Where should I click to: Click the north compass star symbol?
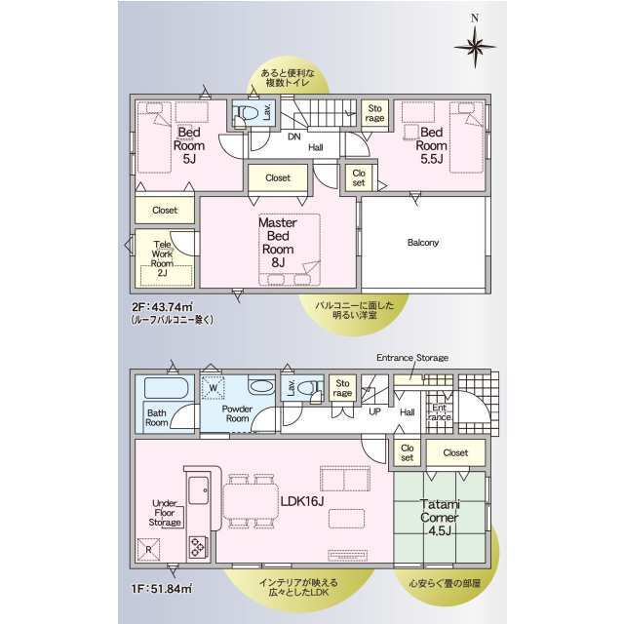pos(475,47)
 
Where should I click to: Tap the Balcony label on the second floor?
pos(422,243)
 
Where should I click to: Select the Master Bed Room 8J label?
pos(278,242)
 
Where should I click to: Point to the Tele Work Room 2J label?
pos(162,258)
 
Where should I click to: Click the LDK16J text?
pos(301,501)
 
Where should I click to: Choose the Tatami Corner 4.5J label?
pos(440,517)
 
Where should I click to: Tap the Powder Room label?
pos(237,413)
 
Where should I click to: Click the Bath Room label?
pos(156,417)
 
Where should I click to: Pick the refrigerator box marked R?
pos(148,550)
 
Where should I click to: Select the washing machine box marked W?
pos(213,388)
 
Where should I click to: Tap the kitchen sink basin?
pos(199,490)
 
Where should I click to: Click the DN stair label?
pos(294,136)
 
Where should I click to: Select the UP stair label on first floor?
pos(374,411)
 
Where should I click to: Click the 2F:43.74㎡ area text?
pos(163,307)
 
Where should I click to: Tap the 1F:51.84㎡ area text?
pos(162,588)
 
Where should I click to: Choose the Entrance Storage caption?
pos(412,358)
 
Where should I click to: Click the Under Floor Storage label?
pos(165,513)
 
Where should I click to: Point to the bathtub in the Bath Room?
pos(167,388)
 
